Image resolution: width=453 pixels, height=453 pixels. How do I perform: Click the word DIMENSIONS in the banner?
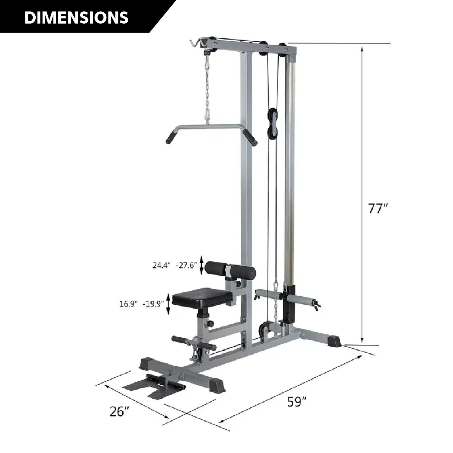(76, 18)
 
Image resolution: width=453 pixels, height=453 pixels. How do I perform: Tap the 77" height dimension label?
(378, 208)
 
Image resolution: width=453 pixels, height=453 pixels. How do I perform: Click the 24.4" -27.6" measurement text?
(175, 265)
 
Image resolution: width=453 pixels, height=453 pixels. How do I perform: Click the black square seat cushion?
(202, 299)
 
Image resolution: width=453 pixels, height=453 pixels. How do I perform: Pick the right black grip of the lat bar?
(250, 137)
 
